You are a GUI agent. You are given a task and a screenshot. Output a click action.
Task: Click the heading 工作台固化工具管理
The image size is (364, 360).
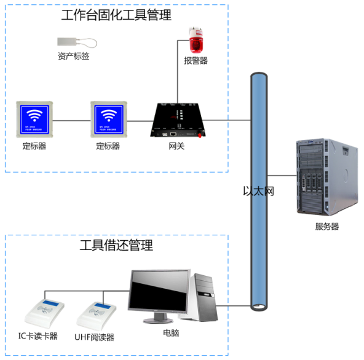[116, 15]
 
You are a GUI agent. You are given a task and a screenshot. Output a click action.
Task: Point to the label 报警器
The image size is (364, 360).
[196, 61]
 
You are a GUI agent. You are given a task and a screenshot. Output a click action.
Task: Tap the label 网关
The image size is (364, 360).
[176, 146]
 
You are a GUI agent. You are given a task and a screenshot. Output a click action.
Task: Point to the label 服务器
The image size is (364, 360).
[326, 226]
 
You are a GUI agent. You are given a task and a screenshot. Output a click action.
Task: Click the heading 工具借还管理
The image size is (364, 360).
[116, 246]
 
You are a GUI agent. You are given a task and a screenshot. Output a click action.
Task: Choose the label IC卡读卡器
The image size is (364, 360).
[38, 336]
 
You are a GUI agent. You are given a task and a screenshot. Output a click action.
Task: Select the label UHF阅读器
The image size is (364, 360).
[95, 337]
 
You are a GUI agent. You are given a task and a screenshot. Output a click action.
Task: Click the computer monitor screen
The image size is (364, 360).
[159, 294]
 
